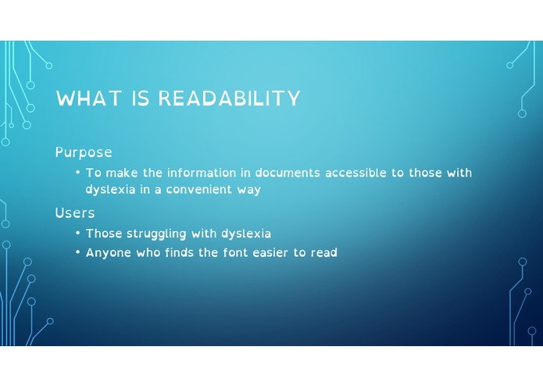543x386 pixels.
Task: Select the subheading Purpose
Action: pyautogui.click(x=84, y=152)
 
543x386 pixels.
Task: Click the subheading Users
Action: pyautogui.click(x=75, y=213)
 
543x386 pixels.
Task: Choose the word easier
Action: pyautogui.click(x=270, y=253)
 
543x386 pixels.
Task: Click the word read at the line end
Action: pyautogui.click(x=324, y=253)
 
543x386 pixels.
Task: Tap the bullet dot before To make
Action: pyautogui.click(x=78, y=173)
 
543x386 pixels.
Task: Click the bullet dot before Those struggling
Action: pyautogui.click(x=78, y=234)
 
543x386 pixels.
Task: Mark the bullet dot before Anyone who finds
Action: pyautogui.click(x=78, y=253)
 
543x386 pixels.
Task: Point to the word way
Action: pyautogui.click(x=249, y=191)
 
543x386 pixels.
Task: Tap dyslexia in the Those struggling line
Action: pyautogui.click(x=246, y=234)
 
